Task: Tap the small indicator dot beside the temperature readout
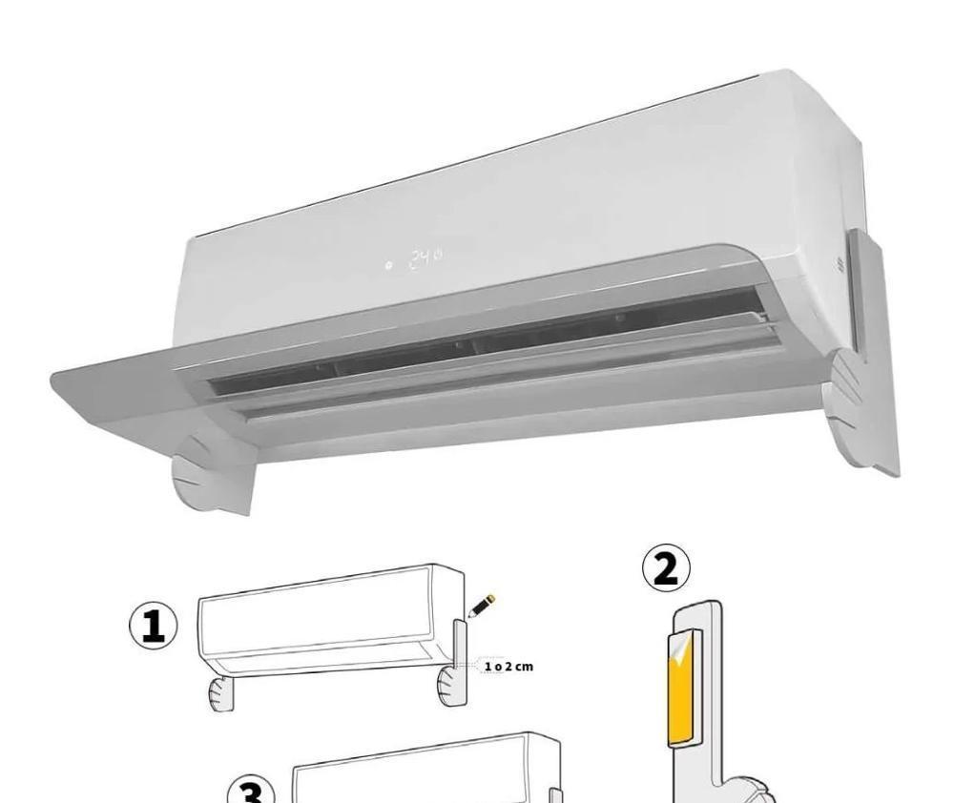coord(388,265)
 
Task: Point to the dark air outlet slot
coord(487,340)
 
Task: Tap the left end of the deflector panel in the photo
coord(54,382)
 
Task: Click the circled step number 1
coord(154,626)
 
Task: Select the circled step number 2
coord(666,567)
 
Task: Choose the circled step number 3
coord(251,791)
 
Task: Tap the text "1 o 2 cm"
coord(508,667)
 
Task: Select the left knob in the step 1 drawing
coord(220,693)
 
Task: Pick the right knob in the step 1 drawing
coord(450,687)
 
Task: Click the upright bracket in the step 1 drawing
coord(460,645)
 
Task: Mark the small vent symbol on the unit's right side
coord(840,264)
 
